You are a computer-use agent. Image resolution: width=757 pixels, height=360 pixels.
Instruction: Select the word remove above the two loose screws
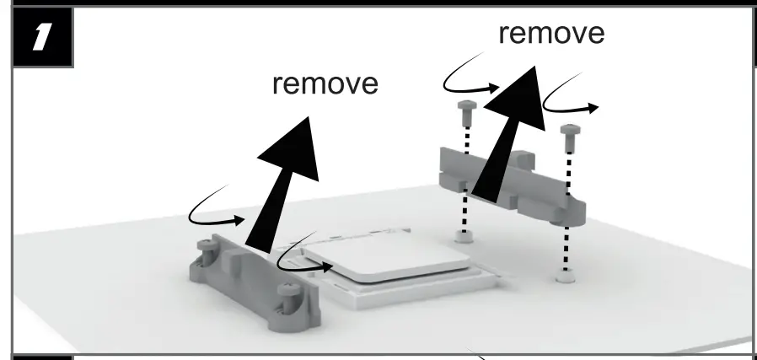tap(550, 33)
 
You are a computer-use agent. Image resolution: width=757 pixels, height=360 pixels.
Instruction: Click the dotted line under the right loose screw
tap(568, 207)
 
